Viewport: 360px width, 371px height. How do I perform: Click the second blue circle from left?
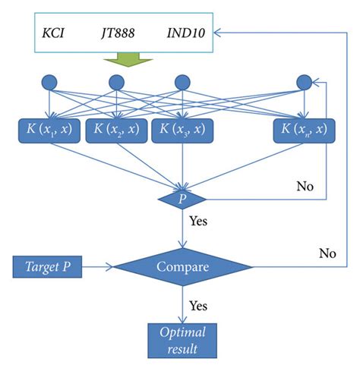click(116, 82)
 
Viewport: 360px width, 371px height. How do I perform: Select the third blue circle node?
click(182, 82)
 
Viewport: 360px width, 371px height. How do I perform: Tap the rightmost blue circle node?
click(304, 82)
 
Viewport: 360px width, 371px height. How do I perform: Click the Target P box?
click(49, 266)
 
